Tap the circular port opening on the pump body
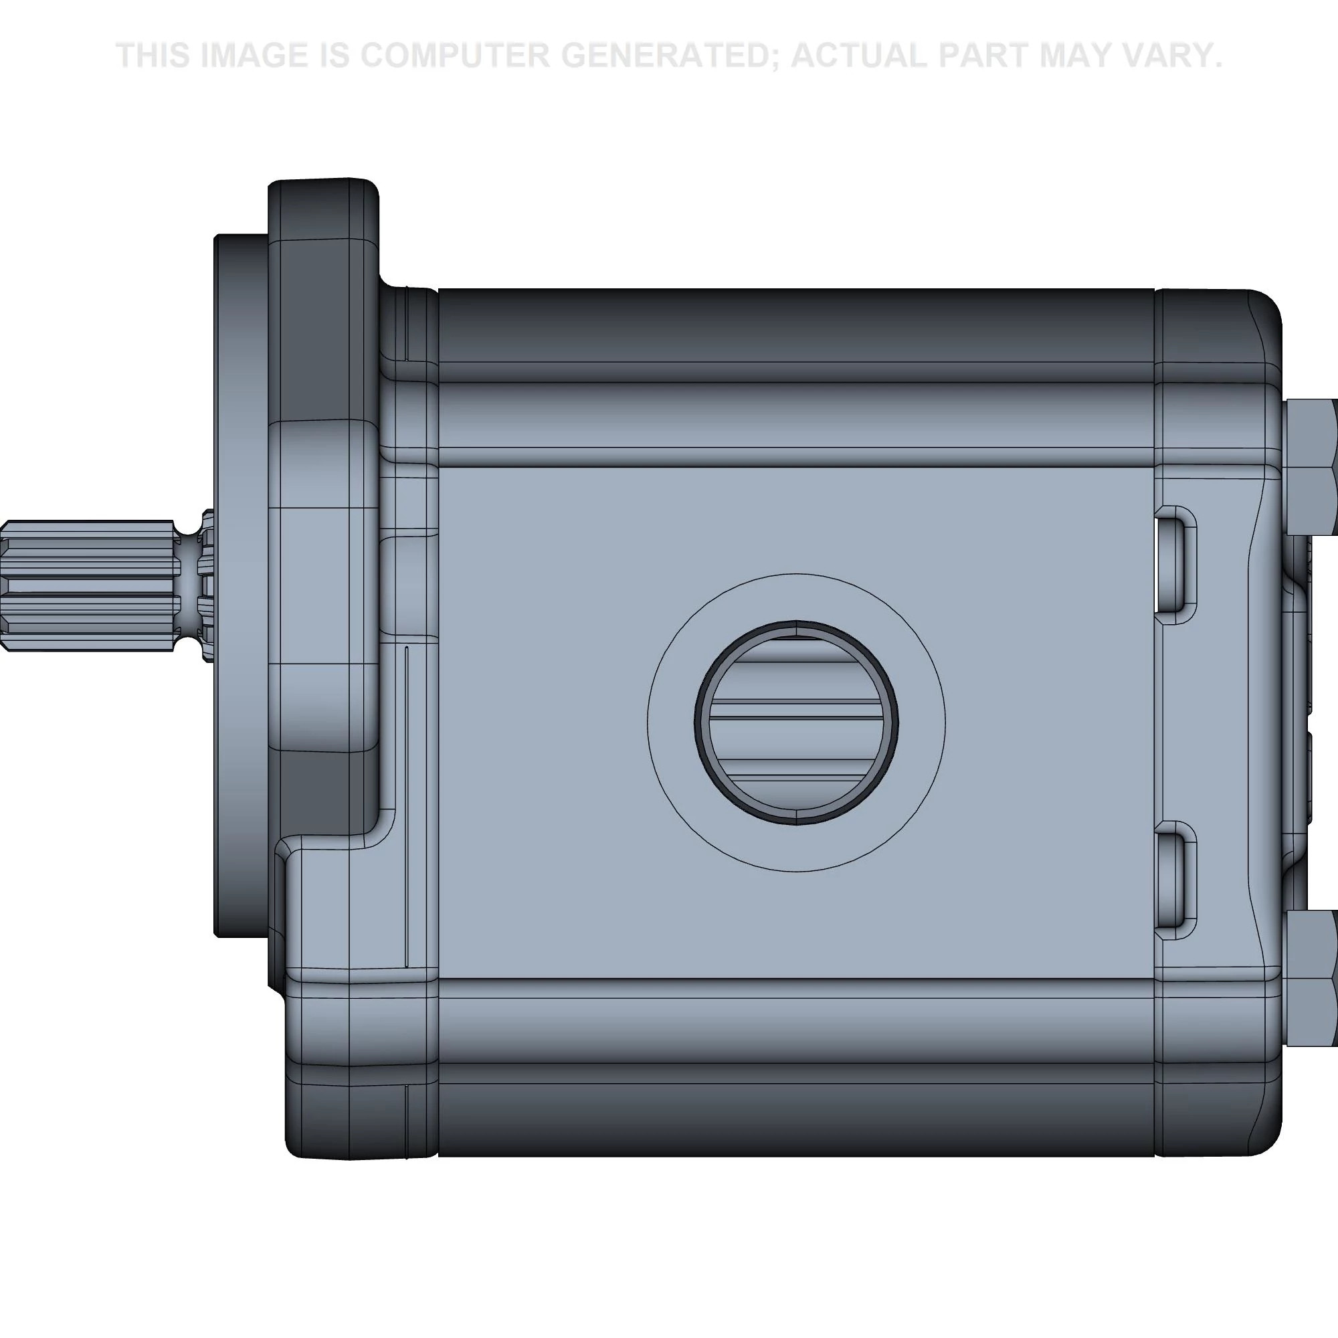(x=796, y=723)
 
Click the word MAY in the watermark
(x=1083, y=56)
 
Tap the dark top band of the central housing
(x=796, y=326)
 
